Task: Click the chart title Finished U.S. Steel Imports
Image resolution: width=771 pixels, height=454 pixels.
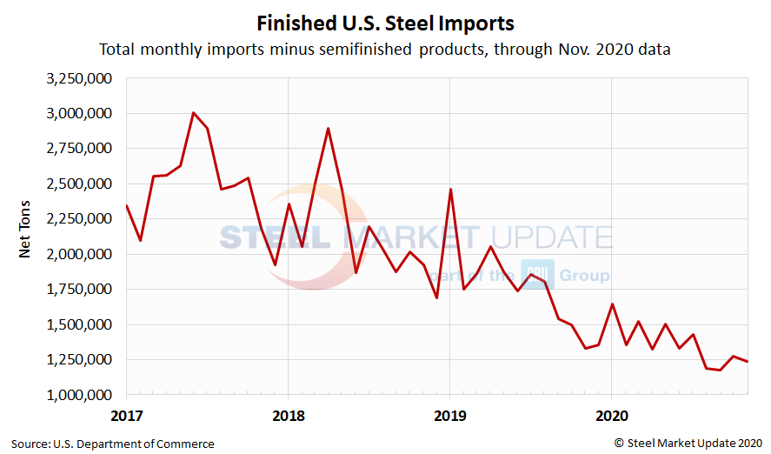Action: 385,22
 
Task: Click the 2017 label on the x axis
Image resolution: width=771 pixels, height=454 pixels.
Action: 126,416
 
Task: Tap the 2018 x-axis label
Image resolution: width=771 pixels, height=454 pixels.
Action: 288,416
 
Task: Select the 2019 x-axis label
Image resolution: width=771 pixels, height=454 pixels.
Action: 449,416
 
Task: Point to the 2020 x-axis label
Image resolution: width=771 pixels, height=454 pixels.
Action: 611,416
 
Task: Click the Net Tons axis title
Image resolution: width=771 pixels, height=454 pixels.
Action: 25,237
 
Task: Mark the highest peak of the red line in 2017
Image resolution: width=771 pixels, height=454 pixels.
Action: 193,113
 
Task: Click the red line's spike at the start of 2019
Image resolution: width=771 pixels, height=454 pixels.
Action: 450,190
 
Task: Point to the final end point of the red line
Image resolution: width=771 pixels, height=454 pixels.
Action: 747,362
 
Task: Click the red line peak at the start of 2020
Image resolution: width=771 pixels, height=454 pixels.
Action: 612,304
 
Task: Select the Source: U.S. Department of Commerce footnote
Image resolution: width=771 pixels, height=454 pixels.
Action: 113,444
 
